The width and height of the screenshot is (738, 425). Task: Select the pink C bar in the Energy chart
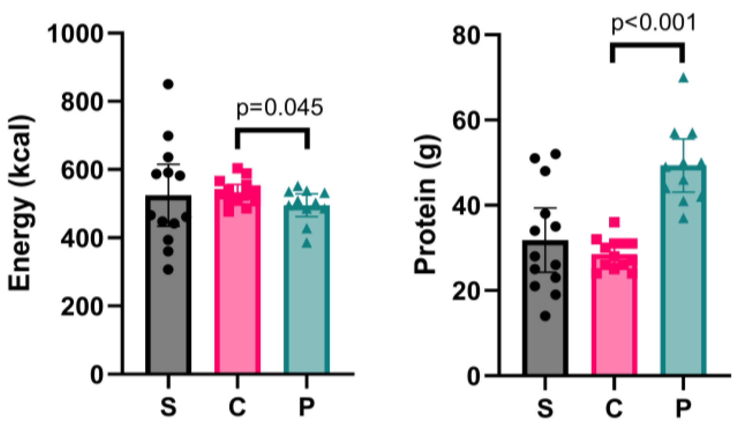click(237, 300)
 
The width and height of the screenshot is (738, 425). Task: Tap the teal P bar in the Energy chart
click(306, 304)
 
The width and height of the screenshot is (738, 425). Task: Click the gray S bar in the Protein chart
click(545, 327)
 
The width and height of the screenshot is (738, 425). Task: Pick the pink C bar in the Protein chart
click(614, 327)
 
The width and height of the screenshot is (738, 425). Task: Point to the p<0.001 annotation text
click(653, 23)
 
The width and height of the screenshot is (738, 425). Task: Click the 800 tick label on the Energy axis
click(82, 102)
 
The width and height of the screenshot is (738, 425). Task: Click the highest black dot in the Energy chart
click(168, 84)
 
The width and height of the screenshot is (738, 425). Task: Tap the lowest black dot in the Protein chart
click(545, 316)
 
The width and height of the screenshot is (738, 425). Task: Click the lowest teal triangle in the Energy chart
click(306, 243)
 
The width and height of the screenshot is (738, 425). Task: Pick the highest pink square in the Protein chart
click(614, 222)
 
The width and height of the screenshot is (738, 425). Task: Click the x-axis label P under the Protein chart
click(683, 407)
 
